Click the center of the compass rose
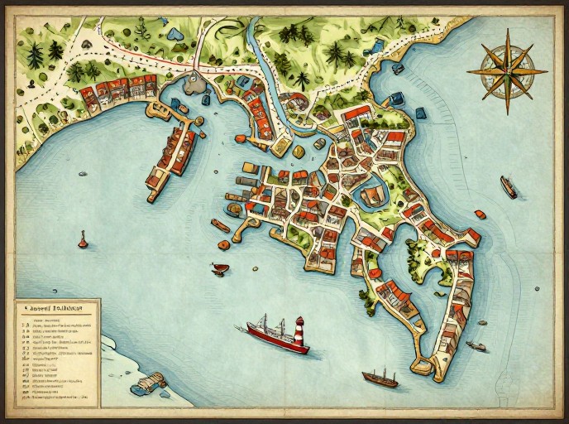point(506,72)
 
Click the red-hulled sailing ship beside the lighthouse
point(273,333)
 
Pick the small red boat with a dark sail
point(220,268)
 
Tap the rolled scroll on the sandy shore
point(147,383)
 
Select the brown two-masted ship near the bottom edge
point(380,378)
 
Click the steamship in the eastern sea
point(509,187)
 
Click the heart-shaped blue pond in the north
point(175,34)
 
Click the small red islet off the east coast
point(480,214)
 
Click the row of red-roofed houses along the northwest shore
point(124,88)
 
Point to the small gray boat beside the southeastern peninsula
point(476,345)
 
